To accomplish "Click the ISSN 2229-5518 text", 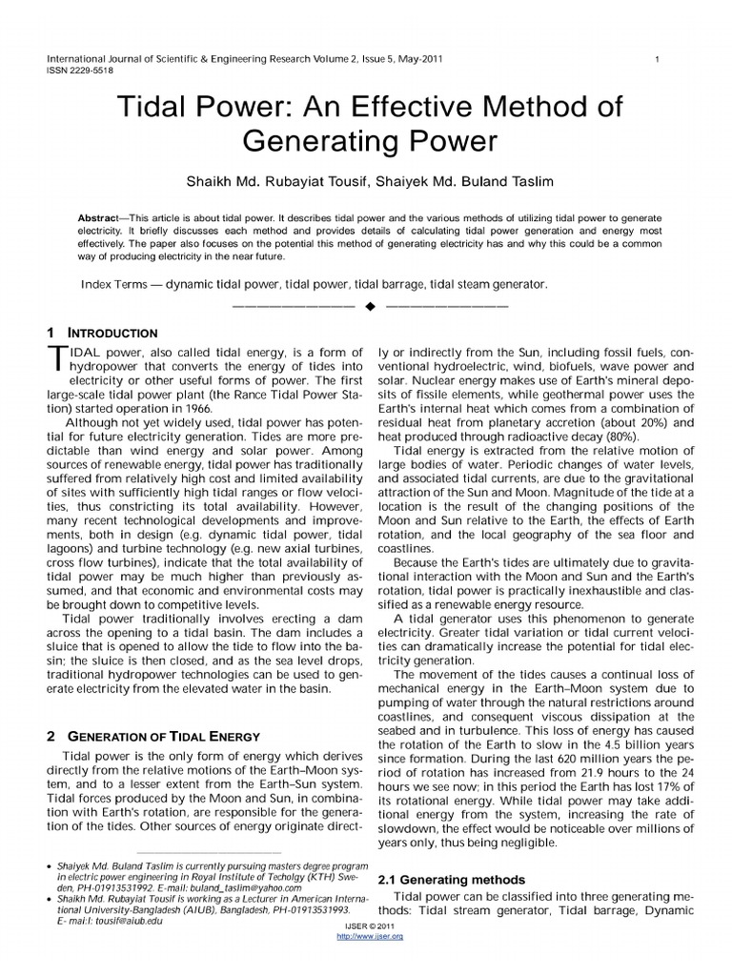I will pyautogui.click(x=79, y=71).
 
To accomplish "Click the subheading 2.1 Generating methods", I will pyautogui.click(x=451, y=879).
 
